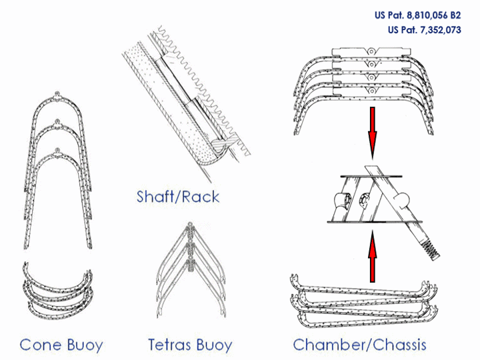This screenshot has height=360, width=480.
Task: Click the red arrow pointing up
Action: pos(373,254)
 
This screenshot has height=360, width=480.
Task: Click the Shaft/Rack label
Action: pos(177,197)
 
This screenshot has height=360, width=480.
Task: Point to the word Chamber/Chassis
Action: pos(359,345)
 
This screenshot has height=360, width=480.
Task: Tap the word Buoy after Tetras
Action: pos(215,345)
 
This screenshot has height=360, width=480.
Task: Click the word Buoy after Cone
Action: pos(85,345)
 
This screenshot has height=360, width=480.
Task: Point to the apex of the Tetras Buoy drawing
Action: pos(191,226)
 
